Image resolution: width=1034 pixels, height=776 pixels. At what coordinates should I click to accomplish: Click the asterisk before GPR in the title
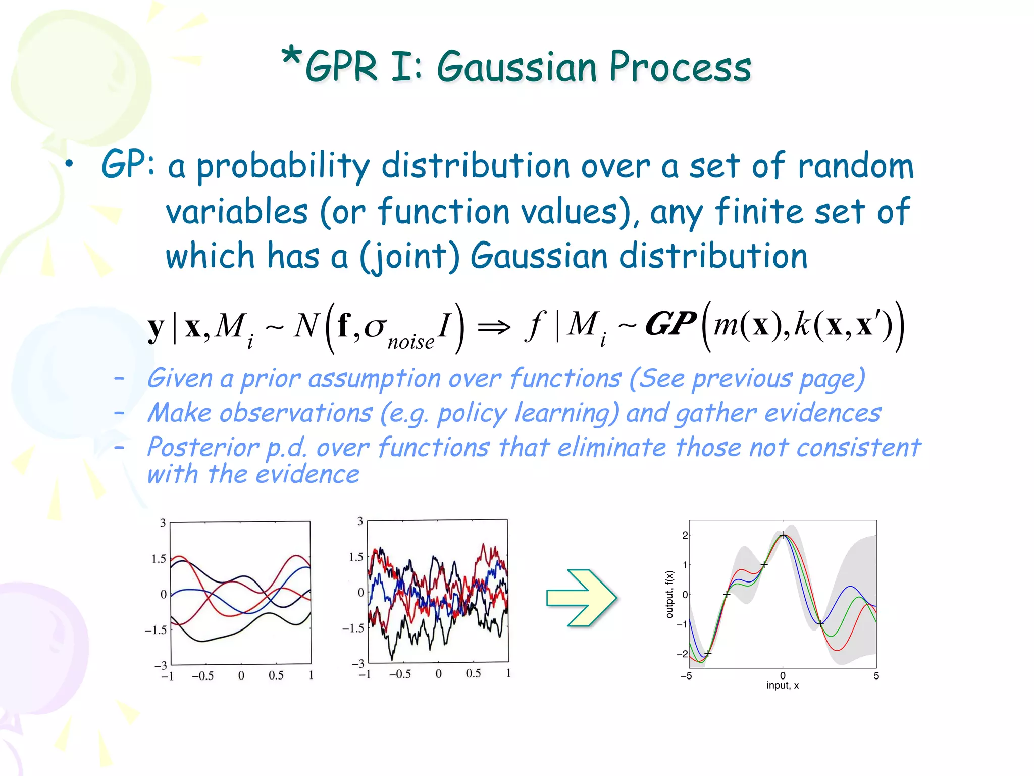(x=292, y=58)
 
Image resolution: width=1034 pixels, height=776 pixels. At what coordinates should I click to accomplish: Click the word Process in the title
(x=680, y=68)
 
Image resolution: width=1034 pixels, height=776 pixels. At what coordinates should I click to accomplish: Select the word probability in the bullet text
(x=283, y=167)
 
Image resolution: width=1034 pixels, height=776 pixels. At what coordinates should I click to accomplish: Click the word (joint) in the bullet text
(x=409, y=257)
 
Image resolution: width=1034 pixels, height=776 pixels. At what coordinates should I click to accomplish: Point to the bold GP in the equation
(x=670, y=324)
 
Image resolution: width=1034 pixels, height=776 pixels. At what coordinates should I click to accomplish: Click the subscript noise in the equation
(x=410, y=343)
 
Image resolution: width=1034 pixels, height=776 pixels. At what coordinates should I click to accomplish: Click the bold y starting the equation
(x=156, y=328)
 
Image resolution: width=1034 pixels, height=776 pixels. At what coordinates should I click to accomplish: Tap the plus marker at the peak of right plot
(x=783, y=535)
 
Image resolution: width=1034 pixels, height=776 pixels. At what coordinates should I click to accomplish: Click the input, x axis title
(x=783, y=686)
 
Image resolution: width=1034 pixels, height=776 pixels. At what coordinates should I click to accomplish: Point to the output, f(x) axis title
(x=669, y=594)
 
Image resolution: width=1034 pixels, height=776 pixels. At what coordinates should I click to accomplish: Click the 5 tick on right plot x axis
(x=876, y=676)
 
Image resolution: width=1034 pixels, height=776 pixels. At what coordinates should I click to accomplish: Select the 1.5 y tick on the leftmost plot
(x=159, y=559)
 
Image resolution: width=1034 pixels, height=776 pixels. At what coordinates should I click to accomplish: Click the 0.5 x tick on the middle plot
(x=473, y=673)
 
